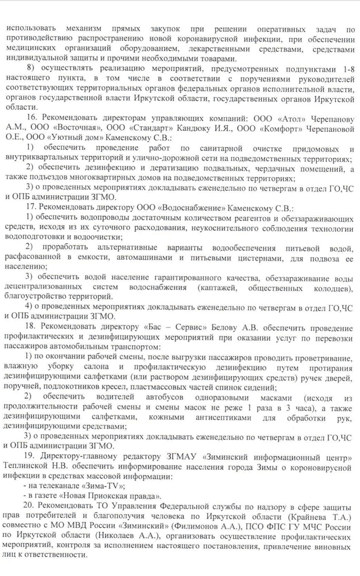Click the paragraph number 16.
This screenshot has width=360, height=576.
31,117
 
